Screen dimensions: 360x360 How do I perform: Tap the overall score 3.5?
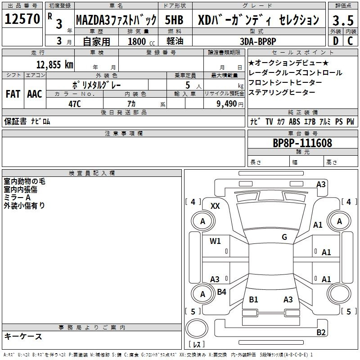(342, 20)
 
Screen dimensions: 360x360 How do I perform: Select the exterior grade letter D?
(335, 41)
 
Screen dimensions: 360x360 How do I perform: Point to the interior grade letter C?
(350, 41)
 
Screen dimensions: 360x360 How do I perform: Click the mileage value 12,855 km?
(53, 64)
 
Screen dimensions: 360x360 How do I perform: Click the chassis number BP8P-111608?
(302, 143)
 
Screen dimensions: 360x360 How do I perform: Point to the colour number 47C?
(75, 103)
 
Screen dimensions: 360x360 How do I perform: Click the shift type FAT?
(13, 94)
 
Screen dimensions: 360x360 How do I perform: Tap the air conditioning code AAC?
(34, 94)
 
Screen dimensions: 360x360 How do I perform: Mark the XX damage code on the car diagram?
(215, 206)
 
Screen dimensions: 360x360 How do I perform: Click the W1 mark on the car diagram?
(215, 241)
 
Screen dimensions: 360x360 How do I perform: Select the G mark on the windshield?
(284, 237)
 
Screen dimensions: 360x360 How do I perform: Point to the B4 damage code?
(221, 292)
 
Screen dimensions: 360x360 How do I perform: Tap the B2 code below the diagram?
(321, 333)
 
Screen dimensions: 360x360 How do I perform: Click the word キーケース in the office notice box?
(23, 336)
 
